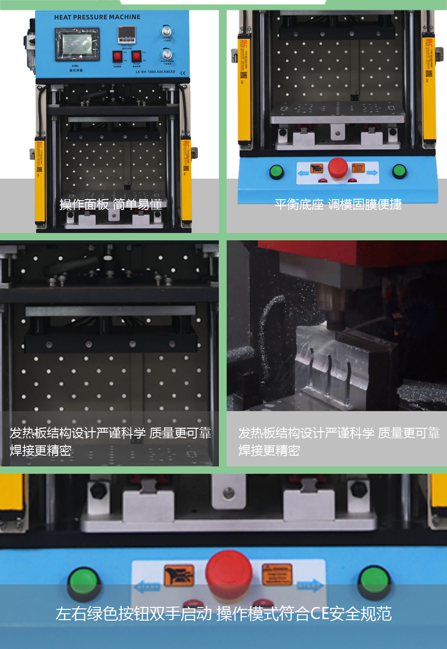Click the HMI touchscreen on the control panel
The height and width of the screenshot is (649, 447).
click(77, 45)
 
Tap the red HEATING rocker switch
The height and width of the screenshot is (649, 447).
click(117, 56)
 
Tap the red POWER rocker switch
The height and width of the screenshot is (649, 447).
click(136, 56)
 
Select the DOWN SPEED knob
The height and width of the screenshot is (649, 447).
click(167, 54)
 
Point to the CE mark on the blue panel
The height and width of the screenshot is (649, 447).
click(183, 72)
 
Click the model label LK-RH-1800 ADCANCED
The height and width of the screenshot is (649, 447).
click(155, 72)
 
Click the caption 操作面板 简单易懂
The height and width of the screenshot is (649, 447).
click(111, 205)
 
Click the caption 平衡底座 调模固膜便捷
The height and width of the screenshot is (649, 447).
click(338, 205)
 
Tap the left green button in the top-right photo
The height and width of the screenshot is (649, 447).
click(277, 171)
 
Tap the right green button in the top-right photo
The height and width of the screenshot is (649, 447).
click(399, 171)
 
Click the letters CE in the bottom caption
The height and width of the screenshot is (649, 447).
click(320, 613)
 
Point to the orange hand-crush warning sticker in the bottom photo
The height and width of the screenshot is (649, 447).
click(179, 575)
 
